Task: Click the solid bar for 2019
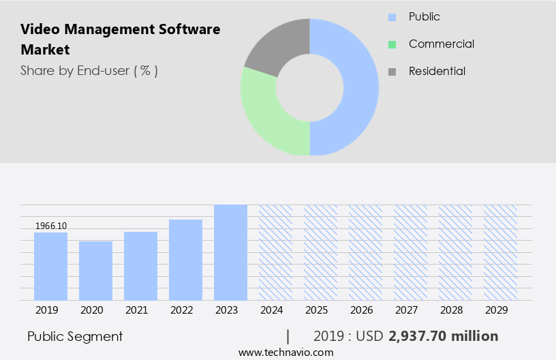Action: pyautogui.click(x=50, y=267)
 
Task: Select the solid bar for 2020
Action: pyautogui.click(x=95, y=271)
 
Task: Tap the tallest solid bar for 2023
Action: pyautogui.click(x=230, y=252)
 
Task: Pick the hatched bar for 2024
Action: pyautogui.click(x=275, y=252)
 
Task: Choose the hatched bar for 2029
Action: pyautogui.click(x=500, y=252)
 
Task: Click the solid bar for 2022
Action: pyautogui.click(x=185, y=260)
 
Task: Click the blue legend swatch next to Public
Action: pyautogui.click(x=392, y=17)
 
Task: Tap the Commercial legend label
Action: pyautogui.click(x=441, y=44)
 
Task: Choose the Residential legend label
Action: pyautogui.click(x=437, y=72)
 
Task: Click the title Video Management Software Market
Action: pyautogui.click(x=120, y=40)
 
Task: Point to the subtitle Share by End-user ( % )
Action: pyautogui.click(x=89, y=71)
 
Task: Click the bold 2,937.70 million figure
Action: pyautogui.click(x=443, y=336)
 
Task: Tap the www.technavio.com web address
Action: pyautogui.click(x=286, y=352)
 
